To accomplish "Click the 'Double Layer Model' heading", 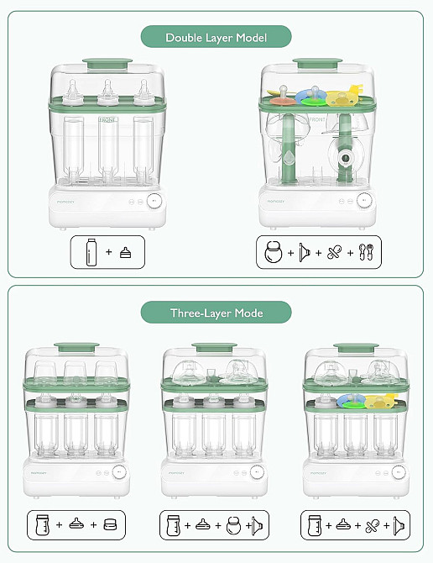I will click(x=216, y=38).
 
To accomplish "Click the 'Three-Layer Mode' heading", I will click(x=216, y=313).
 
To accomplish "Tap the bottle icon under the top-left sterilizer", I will click(x=90, y=252).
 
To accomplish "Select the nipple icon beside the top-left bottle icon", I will click(x=125, y=253).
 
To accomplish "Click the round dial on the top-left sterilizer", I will click(x=154, y=201).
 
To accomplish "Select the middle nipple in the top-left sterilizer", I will click(x=107, y=91).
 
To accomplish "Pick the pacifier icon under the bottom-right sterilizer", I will click(x=373, y=525).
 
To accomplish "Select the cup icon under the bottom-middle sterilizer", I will click(x=175, y=525).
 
